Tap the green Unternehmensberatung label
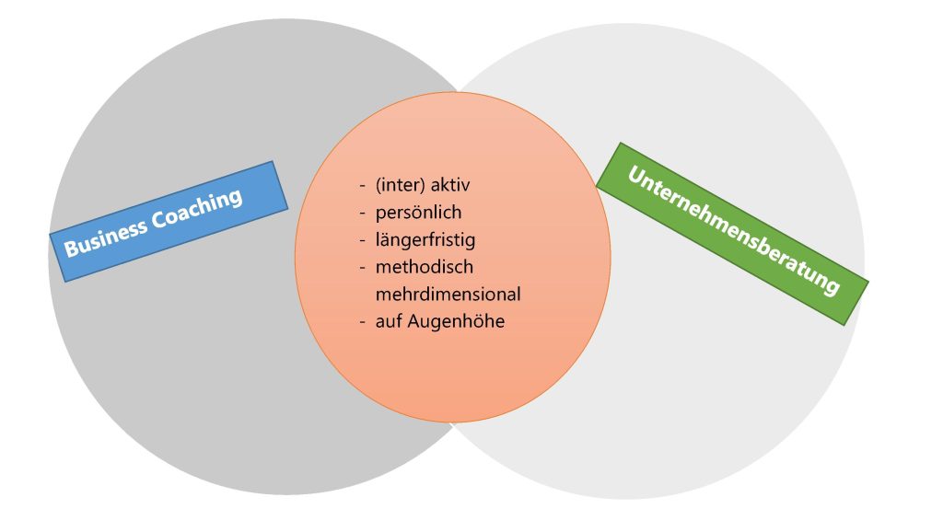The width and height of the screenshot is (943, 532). [x=733, y=232]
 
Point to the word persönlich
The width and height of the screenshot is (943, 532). [x=418, y=213]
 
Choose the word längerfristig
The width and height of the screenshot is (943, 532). [x=425, y=240]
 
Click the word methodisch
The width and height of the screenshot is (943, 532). [x=424, y=268]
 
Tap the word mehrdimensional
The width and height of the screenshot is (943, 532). [x=448, y=295]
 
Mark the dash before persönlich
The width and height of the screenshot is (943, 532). [x=363, y=214]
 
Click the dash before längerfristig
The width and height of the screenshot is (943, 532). [x=363, y=241]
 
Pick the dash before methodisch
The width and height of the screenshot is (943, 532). [x=363, y=269]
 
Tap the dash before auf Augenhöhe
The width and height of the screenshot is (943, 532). [x=363, y=323]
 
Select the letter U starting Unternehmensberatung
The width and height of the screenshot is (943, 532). [x=634, y=175]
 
